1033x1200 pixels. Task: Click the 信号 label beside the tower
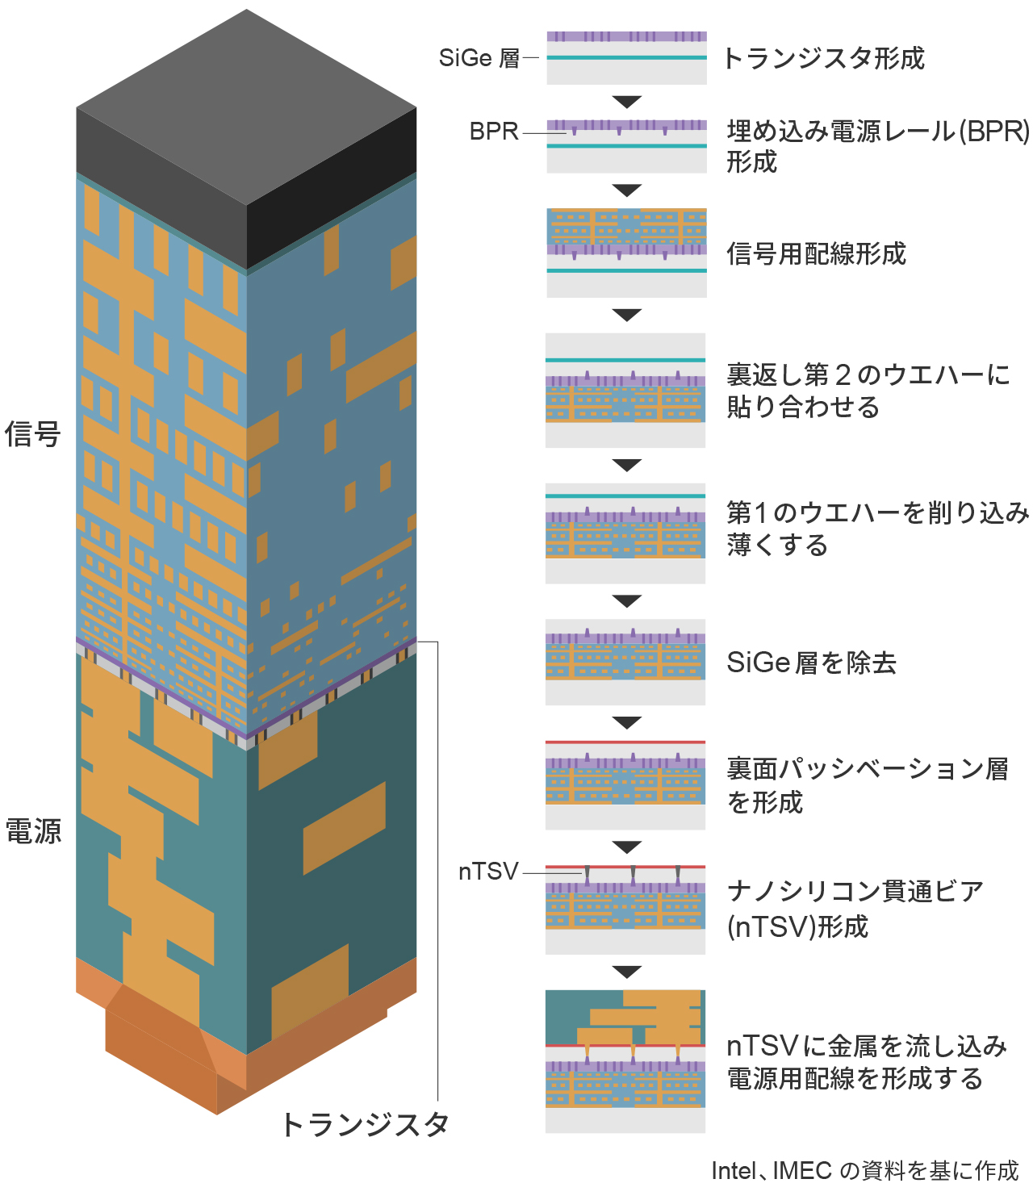pos(33,434)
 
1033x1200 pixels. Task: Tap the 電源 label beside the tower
pos(33,830)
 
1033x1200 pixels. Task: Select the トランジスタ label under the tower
pos(365,1124)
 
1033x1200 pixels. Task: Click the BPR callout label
pos(494,132)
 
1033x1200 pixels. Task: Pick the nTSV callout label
pos(488,872)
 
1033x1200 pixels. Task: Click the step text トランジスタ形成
pos(823,58)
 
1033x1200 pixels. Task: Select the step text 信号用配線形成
pos(816,254)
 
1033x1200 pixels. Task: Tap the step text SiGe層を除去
pos(811,663)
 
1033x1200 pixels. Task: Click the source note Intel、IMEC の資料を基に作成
pos(864,1170)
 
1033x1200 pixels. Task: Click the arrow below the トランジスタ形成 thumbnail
pos(626,102)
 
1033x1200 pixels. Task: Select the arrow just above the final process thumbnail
pos(626,972)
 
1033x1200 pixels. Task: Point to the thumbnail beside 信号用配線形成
pos(626,253)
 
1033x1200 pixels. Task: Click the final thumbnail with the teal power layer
pos(625,1060)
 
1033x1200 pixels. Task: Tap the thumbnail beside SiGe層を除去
pos(625,662)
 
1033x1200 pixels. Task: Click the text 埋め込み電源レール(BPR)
pos(878,131)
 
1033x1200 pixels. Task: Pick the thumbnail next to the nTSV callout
pos(625,909)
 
